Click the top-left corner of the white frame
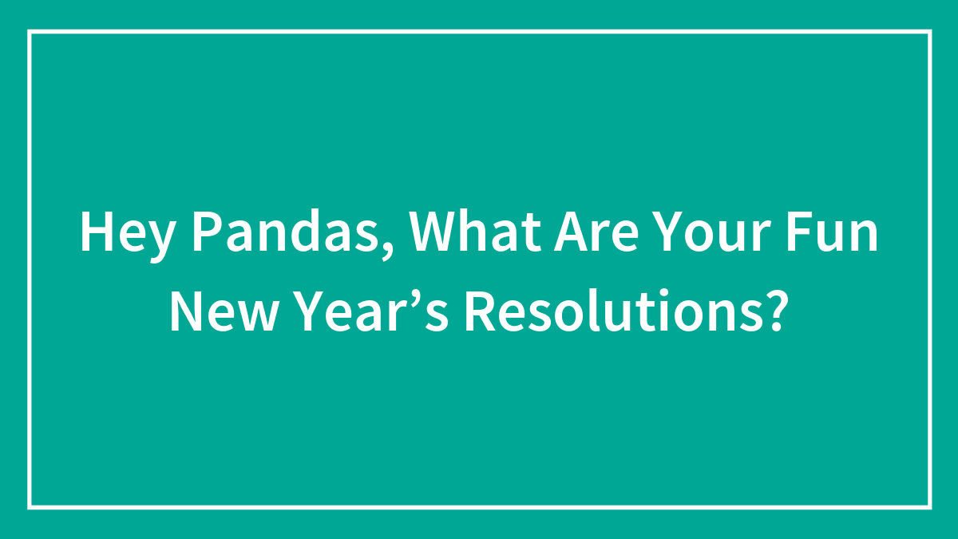point(29,32)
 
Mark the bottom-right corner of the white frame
point(930,507)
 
